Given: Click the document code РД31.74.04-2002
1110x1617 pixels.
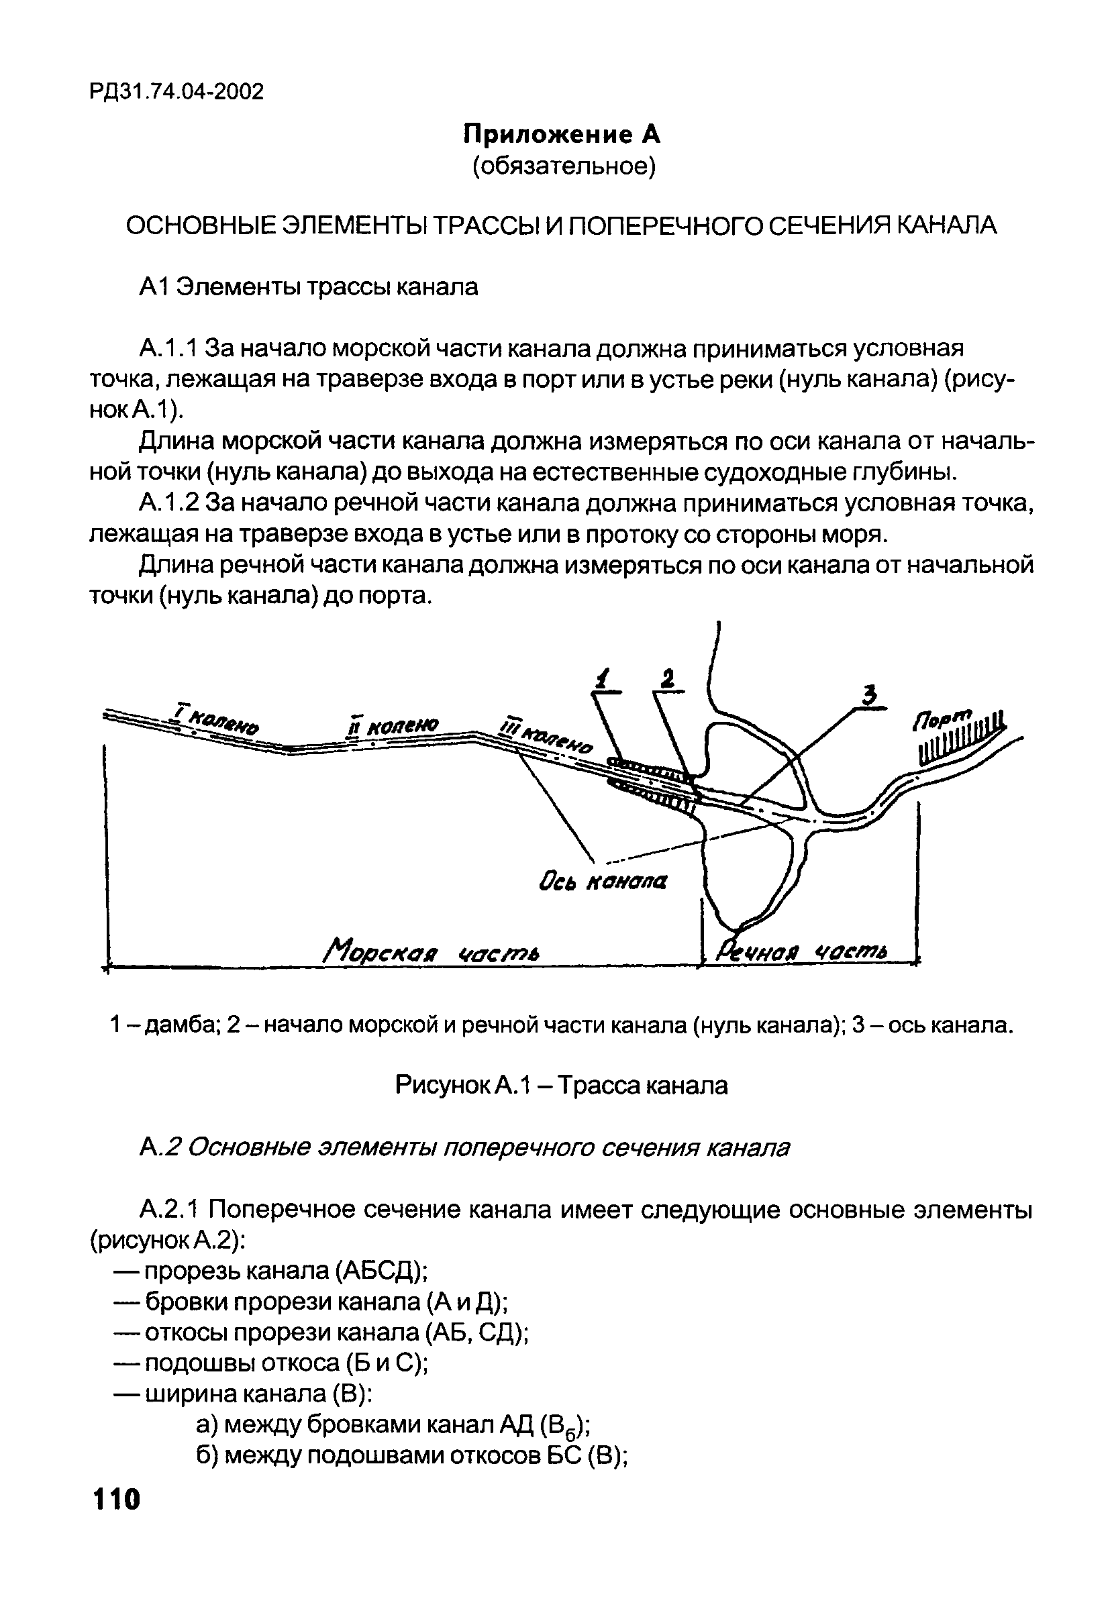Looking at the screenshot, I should tap(176, 91).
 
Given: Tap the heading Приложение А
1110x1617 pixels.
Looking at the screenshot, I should tap(562, 134).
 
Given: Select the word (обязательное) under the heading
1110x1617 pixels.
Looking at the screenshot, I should tap(564, 167).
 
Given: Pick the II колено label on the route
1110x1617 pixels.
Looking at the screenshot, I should tap(393, 727).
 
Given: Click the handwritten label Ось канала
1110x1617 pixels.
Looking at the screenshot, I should tap(603, 882).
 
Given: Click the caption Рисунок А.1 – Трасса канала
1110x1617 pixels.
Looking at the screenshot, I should tap(561, 1085).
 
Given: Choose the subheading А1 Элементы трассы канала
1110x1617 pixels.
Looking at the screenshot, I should tap(308, 286).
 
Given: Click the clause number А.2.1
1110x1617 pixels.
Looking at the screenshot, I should tap(169, 1210).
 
